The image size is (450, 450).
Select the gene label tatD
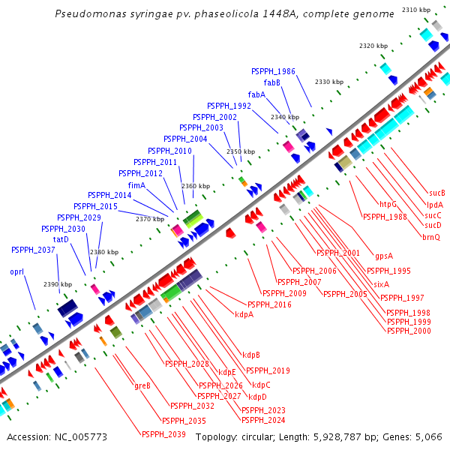pos(61,239)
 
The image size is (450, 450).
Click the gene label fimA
pos(136,185)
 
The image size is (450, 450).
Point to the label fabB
pos(271,82)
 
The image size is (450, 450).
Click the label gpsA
pos(384,255)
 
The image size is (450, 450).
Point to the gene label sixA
pos(381,284)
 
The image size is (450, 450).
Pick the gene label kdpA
pos(244,314)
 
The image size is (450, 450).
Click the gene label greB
pos(142,385)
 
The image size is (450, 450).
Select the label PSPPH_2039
pos(163,434)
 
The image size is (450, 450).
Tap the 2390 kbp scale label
pos(57,285)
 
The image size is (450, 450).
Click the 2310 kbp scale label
pos(416,10)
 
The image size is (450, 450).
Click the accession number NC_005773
pos(57,436)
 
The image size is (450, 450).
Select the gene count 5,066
pos(427,436)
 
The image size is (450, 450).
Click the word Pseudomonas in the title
pos(91,14)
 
